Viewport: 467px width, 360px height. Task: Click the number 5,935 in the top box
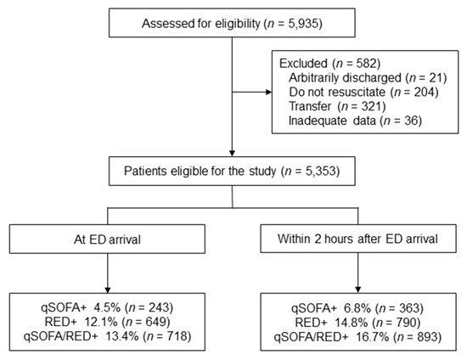(303, 24)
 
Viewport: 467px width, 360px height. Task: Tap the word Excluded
(303, 63)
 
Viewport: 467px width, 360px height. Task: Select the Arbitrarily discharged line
(368, 78)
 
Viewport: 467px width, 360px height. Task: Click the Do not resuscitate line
(363, 92)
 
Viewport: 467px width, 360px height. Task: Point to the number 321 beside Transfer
(370, 106)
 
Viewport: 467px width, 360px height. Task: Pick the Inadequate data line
(355, 121)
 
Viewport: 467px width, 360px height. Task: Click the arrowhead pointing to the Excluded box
(268, 92)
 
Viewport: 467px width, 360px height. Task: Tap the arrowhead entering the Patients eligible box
(232, 153)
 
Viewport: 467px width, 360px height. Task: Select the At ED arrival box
(107, 239)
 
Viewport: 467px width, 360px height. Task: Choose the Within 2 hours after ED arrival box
(358, 239)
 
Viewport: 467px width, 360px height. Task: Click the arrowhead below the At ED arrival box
(108, 290)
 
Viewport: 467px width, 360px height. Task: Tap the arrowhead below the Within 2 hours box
(358, 290)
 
